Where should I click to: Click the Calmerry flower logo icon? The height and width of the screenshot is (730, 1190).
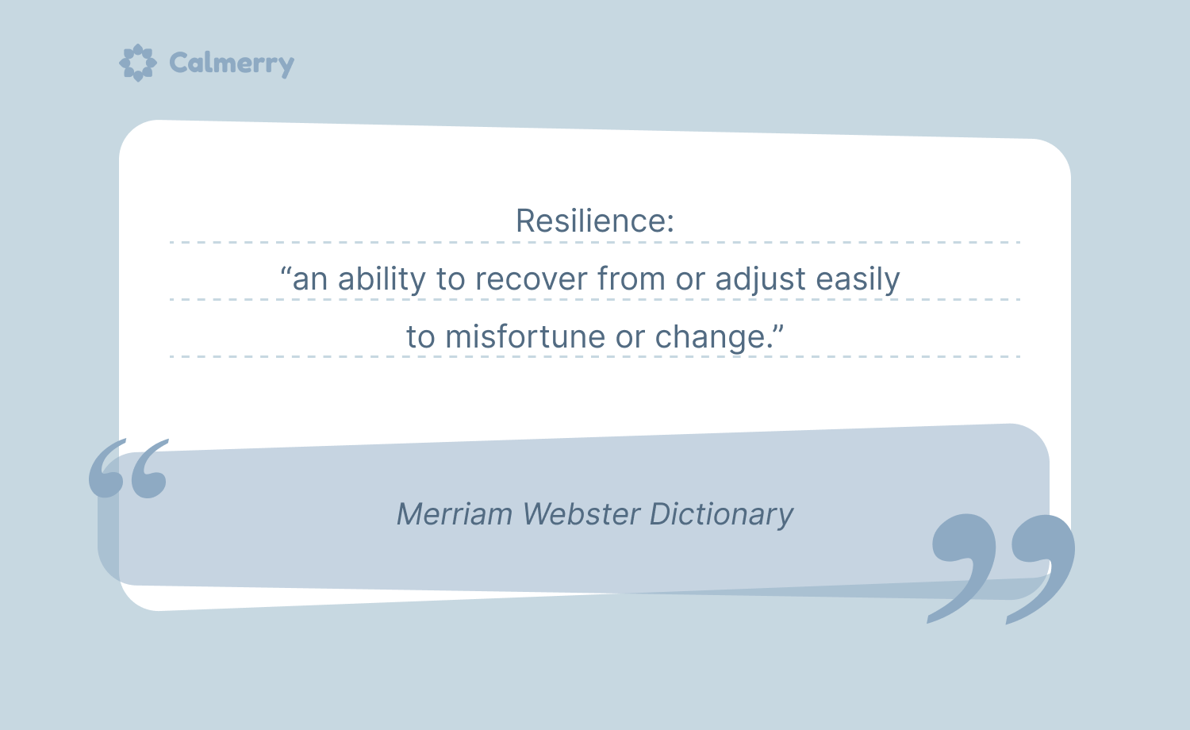(x=137, y=63)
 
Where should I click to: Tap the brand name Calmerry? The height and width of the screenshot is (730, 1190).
(x=232, y=63)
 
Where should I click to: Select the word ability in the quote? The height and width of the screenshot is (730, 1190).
(x=382, y=279)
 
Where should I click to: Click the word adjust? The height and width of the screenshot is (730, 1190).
(x=760, y=279)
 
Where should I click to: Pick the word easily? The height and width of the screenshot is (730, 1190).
(x=858, y=279)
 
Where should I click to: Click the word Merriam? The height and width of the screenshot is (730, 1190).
(x=455, y=513)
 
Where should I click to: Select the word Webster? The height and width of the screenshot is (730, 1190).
(x=582, y=513)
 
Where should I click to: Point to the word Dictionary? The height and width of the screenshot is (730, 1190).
(x=721, y=515)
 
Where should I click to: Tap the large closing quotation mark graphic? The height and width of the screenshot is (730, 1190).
(x=1002, y=567)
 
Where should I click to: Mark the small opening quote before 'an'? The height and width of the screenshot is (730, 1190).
(x=286, y=271)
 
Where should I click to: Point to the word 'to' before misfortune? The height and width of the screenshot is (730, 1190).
(x=420, y=337)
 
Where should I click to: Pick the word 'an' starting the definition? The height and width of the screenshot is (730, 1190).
(x=309, y=281)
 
